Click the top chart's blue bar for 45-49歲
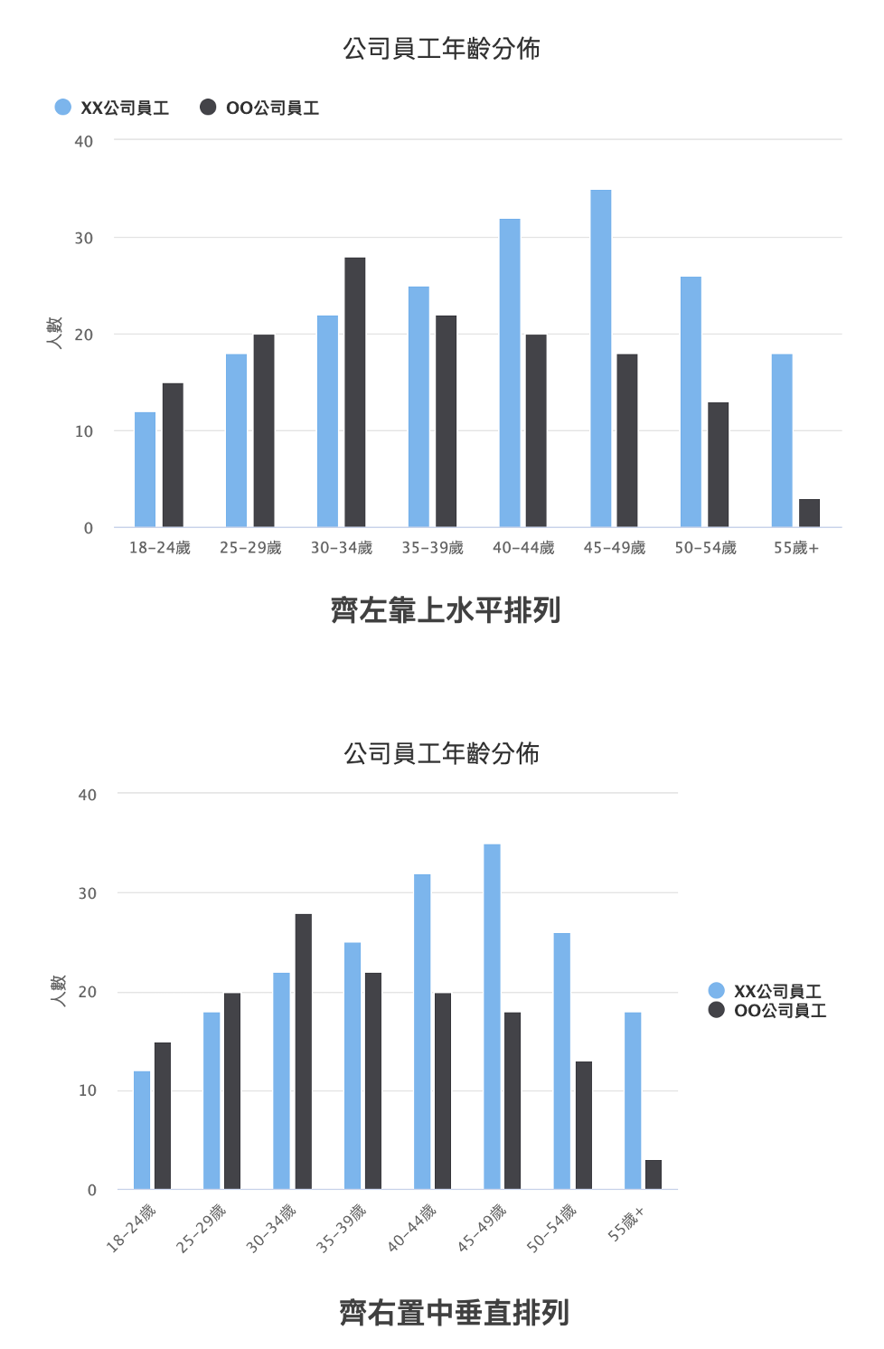click(x=600, y=358)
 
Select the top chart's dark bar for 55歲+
click(x=809, y=513)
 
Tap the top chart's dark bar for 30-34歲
click(x=354, y=391)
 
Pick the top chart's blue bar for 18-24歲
click(x=145, y=469)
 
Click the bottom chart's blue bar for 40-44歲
click(x=422, y=1031)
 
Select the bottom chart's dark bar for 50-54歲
click(x=583, y=1125)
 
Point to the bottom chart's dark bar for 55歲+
click(x=653, y=1174)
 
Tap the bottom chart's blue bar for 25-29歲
click(x=212, y=1100)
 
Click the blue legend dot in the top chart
click(x=62, y=107)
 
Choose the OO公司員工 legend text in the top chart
click(x=272, y=108)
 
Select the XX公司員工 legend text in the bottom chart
click(x=777, y=991)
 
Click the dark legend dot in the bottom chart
click(x=717, y=1010)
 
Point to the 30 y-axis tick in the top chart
click(x=84, y=238)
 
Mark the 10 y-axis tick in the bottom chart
click(x=87, y=1090)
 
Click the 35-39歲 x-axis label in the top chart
click(x=432, y=548)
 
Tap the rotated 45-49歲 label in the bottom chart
click(x=482, y=1228)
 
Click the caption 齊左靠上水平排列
click(x=446, y=610)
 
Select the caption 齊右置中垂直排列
click(x=454, y=1312)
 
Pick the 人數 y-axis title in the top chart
click(x=54, y=333)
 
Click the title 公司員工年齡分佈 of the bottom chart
click(x=441, y=753)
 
